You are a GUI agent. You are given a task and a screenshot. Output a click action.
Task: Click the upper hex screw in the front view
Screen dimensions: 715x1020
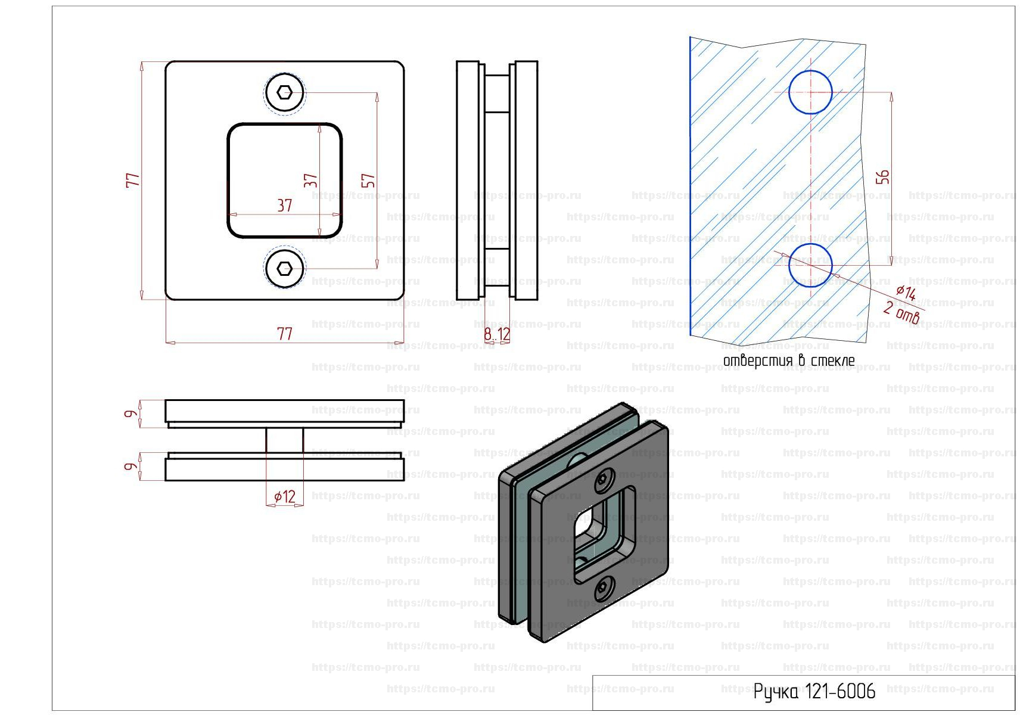[285, 92]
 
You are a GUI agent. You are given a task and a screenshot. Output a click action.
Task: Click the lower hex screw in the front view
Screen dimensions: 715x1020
[285, 269]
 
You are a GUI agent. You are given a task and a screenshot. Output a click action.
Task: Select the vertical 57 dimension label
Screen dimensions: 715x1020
[368, 181]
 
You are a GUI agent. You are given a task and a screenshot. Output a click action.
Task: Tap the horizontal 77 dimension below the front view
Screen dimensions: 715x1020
[285, 334]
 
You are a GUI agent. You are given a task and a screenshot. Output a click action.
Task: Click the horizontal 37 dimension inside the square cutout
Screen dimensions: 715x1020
[285, 206]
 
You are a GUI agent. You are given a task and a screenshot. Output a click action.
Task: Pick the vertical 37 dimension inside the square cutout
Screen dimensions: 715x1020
[310, 181]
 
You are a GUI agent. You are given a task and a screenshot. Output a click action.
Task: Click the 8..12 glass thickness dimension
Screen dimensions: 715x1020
[497, 334]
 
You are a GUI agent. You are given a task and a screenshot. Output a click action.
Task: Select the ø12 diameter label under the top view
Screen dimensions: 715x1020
[285, 496]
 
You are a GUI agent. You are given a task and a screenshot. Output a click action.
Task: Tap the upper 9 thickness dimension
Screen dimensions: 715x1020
[131, 414]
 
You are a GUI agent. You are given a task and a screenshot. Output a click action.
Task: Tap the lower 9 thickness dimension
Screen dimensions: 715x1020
[131, 466]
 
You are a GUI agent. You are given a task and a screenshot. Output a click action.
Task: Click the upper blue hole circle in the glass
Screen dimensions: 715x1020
[810, 92]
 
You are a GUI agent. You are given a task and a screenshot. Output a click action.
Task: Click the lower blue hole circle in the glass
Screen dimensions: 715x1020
[810, 265]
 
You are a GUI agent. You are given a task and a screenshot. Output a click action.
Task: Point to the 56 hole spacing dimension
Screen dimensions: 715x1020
[882, 176]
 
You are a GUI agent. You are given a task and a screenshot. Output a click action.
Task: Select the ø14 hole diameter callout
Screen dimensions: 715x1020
[906, 292]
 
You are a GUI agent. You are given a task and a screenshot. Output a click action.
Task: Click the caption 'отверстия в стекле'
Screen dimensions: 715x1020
[789, 360]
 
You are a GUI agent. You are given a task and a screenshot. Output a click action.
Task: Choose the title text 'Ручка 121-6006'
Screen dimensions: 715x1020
[814, 691]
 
